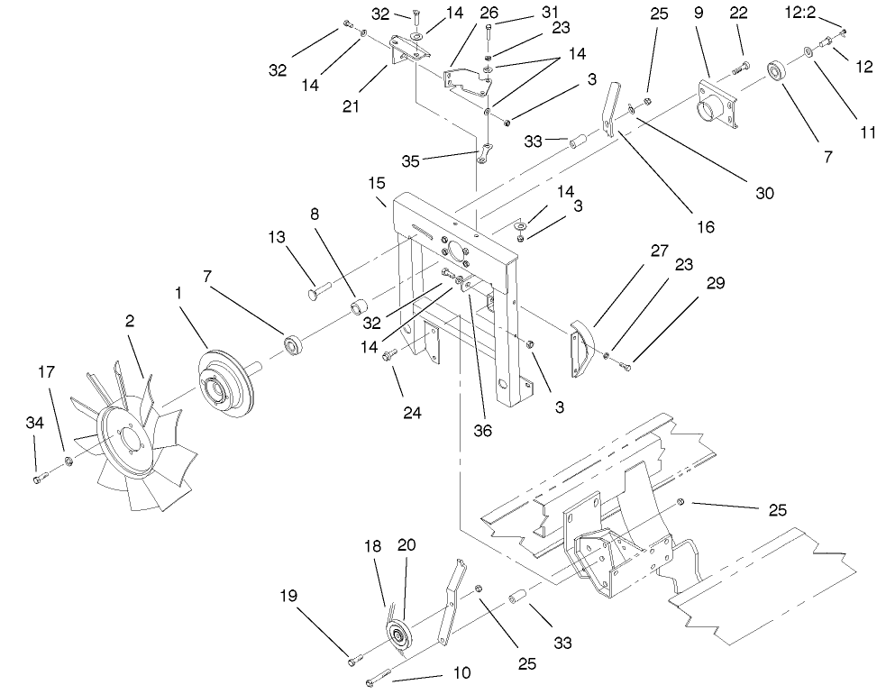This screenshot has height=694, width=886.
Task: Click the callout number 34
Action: pyautogui.click(x=35, y=423)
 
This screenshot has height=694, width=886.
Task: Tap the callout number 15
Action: pyautogui.click(x=377, y=183)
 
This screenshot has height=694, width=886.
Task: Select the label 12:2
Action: pyautogui.click(x=800, y=12)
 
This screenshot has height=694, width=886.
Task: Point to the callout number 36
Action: pyautogui.click(x=482, y=431)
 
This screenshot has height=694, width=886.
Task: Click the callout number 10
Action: pyautogui.click(x=461, y=673)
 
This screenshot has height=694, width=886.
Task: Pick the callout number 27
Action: pyautogui.click(x=659, y=251)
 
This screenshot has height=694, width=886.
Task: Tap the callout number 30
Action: pyautogui.click(x=764, y=193)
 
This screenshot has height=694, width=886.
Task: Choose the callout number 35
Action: pyautogui.click(x=411, y=161)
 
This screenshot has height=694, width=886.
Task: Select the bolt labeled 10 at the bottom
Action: pyautogui.click(x=379, y=677)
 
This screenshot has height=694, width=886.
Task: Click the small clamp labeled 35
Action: pyautogui.click(x=484, y=154)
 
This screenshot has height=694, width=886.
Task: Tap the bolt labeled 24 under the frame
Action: pyautogui.click(x=389, y=355)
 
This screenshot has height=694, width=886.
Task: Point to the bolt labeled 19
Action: pyautogui.click(x=354, y=658)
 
